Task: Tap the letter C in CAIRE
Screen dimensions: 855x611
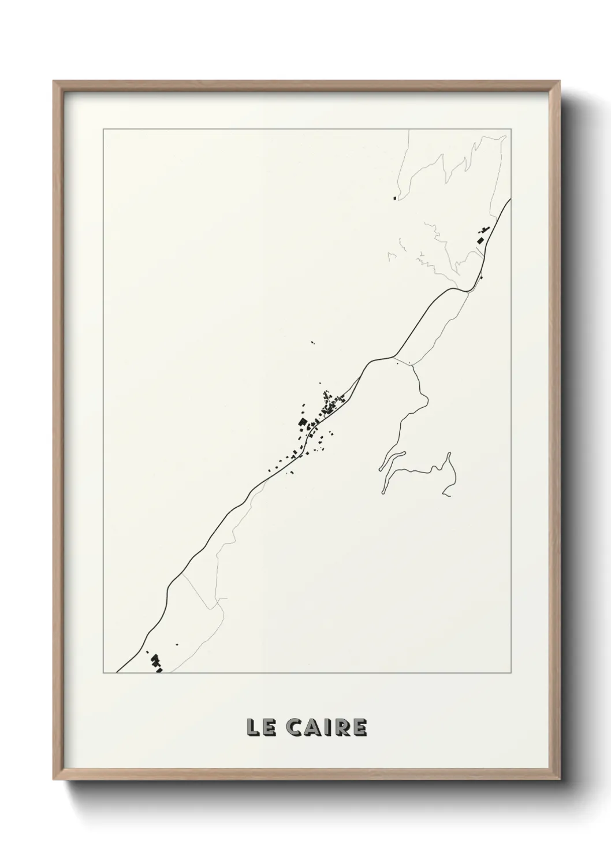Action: point(292,727)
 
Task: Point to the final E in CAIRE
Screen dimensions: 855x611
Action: point(360,727)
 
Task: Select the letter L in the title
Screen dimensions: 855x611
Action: point(252,727)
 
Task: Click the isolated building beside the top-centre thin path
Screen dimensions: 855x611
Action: point(395,199)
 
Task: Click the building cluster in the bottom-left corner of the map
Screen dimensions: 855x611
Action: point(156,663)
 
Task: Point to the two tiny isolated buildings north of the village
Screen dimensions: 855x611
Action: point(312,343)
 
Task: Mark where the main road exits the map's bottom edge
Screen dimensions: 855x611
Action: point(117,672)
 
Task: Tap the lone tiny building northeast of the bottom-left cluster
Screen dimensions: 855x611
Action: point(177,644)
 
